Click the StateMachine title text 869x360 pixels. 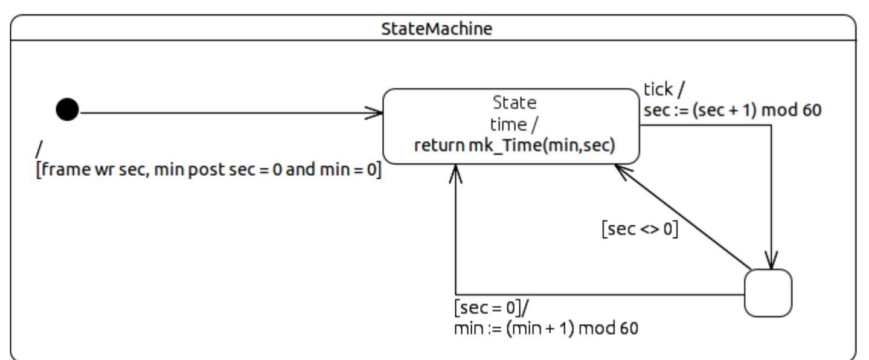click(x=433, y=30)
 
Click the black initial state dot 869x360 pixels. click(x=67, y=111)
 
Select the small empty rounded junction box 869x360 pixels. click(x=768, y=292)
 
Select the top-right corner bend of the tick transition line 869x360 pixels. click(x=771, y=125)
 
